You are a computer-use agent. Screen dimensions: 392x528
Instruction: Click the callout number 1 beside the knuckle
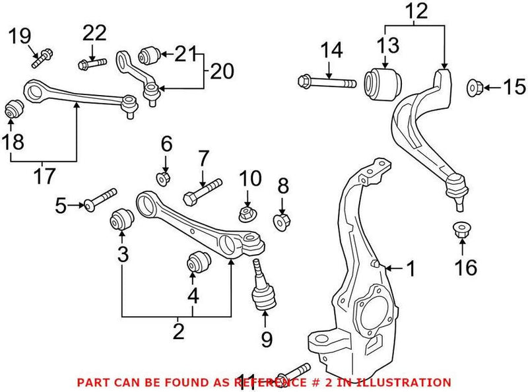[x=411, y=268]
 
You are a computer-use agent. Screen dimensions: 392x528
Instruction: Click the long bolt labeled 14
[x=327, y=83]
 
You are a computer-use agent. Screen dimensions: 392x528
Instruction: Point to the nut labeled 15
[x=476, y=86]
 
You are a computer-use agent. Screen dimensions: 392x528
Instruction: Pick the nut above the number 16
[x=461, y=230]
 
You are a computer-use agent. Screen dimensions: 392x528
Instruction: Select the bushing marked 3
[x=120, y=219]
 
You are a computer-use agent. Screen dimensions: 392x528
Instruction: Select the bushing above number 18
[x=13, y=108]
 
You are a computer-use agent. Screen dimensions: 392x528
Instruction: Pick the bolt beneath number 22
[x=90, y=64]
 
